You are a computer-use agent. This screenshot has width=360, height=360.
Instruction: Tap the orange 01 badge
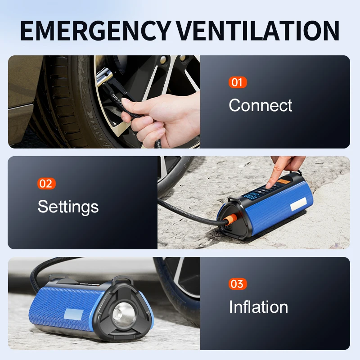[x=237, y=82]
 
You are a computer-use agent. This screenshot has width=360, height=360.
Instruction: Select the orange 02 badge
[x=46, y=184]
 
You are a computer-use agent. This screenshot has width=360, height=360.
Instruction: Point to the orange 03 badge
[x=237, y=284]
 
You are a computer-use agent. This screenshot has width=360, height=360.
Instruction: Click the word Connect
[x=260, y=105]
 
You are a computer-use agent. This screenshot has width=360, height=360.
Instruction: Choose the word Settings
[x=68, y=207]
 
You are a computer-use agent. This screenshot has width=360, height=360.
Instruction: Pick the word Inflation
[x=258, y=307]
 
